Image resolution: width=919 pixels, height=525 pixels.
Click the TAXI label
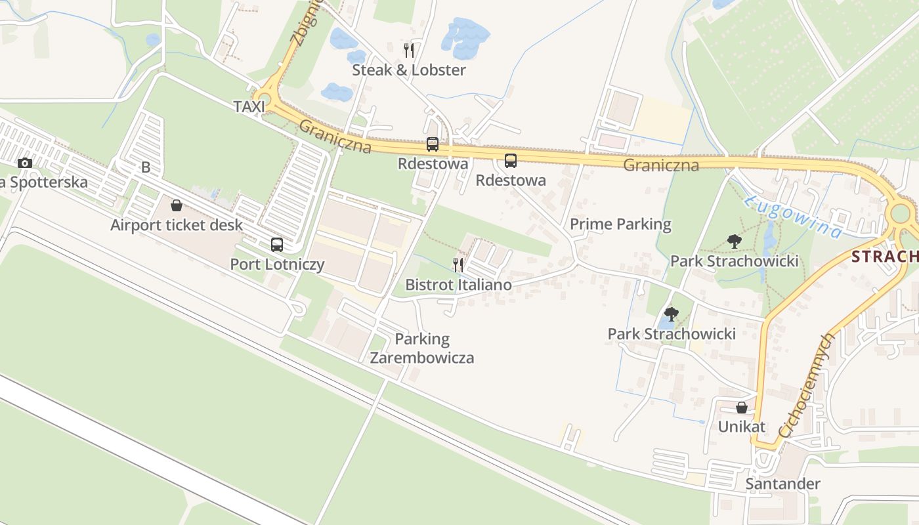tap(249, 106)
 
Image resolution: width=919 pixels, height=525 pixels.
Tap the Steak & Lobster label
tap(409, 70)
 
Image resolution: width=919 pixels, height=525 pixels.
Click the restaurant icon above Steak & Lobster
tap(409, 50)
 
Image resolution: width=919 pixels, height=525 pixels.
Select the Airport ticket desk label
tap(177, 225)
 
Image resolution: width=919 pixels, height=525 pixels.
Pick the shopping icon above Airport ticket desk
tap(177, 206)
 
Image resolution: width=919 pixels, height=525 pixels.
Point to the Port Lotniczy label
tap(277, 264)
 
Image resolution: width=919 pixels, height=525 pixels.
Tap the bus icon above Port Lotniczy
tap(277, 245)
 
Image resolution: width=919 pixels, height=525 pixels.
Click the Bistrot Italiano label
tap(458, 285)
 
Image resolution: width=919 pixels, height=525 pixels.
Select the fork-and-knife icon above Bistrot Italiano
tap(458, 264)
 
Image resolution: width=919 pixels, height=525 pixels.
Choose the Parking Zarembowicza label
tap(422, 348)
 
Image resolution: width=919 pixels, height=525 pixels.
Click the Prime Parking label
tap(620, 224)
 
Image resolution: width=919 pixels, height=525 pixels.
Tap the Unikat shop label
tap(742, 427)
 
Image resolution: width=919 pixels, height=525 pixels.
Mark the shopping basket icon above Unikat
tap(742, 408)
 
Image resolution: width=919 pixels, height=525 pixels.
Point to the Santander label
tap(782, 484)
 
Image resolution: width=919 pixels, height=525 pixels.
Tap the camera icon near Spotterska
tap(25, 163)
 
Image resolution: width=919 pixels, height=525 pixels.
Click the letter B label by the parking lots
tap(146, 167)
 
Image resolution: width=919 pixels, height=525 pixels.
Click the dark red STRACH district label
tap(886, 257)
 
